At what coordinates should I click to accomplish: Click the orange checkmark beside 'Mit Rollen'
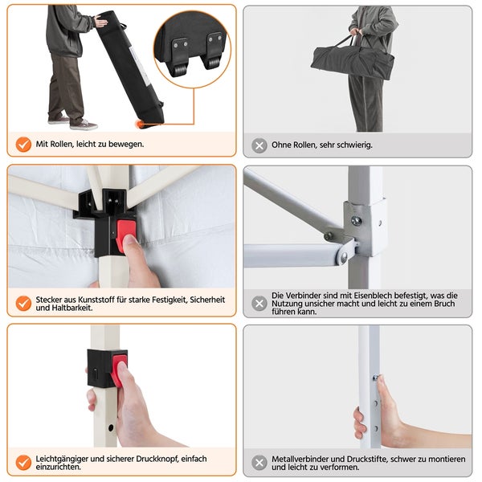[x=23, y=144]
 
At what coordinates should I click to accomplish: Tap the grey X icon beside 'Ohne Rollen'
[x=259, y=145]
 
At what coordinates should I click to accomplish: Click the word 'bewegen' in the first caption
[x=126, y=144]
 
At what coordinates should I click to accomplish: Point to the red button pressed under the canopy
[x=126, y=235]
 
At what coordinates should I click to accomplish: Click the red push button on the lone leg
[x=119, y=369]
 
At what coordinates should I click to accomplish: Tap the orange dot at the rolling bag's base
[x=140, y=125]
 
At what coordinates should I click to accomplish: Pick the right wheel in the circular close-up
[x=213, y=62]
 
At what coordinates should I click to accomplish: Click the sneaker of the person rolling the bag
[x=84, y=125]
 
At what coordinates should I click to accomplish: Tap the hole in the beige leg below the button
[x=111, y=427]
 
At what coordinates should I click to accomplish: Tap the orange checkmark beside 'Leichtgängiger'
[x=23, y=463]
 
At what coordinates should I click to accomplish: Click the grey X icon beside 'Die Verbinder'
[x=259, y=304]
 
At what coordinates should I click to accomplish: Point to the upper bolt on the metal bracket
[x=356, y=220]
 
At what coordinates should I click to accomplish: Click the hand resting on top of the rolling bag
[x=101, y=21]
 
